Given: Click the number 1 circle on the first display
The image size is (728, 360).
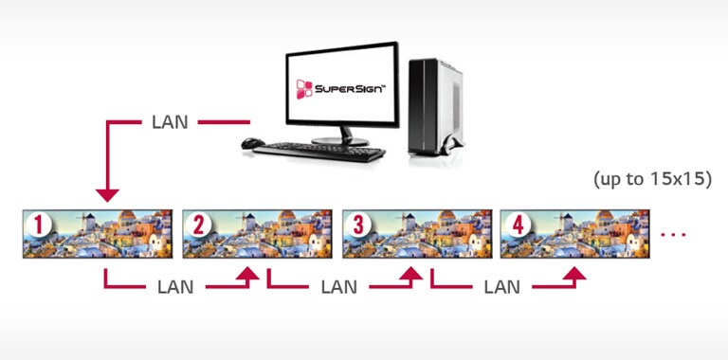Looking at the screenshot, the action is pyautogui.click(x=39, y=226).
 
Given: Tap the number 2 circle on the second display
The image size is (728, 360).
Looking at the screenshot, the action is pyautogui.click(x=198, y=226).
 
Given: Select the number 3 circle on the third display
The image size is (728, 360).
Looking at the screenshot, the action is pyautogui.click(x=357, y=226).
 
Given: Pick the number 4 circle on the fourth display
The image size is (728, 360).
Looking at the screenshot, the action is pyautogui.click(x=517, y=226).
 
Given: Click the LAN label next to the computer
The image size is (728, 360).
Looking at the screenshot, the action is pyautogui.click(x=170, y=123).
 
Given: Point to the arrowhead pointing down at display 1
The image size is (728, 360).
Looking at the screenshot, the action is pyautogui.click(x=108, y=194).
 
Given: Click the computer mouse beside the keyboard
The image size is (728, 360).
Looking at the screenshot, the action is pyautogui.click(x=252, y=144).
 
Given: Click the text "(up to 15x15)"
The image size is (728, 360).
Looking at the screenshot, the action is pyautogui.click(x=651, y=178).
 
